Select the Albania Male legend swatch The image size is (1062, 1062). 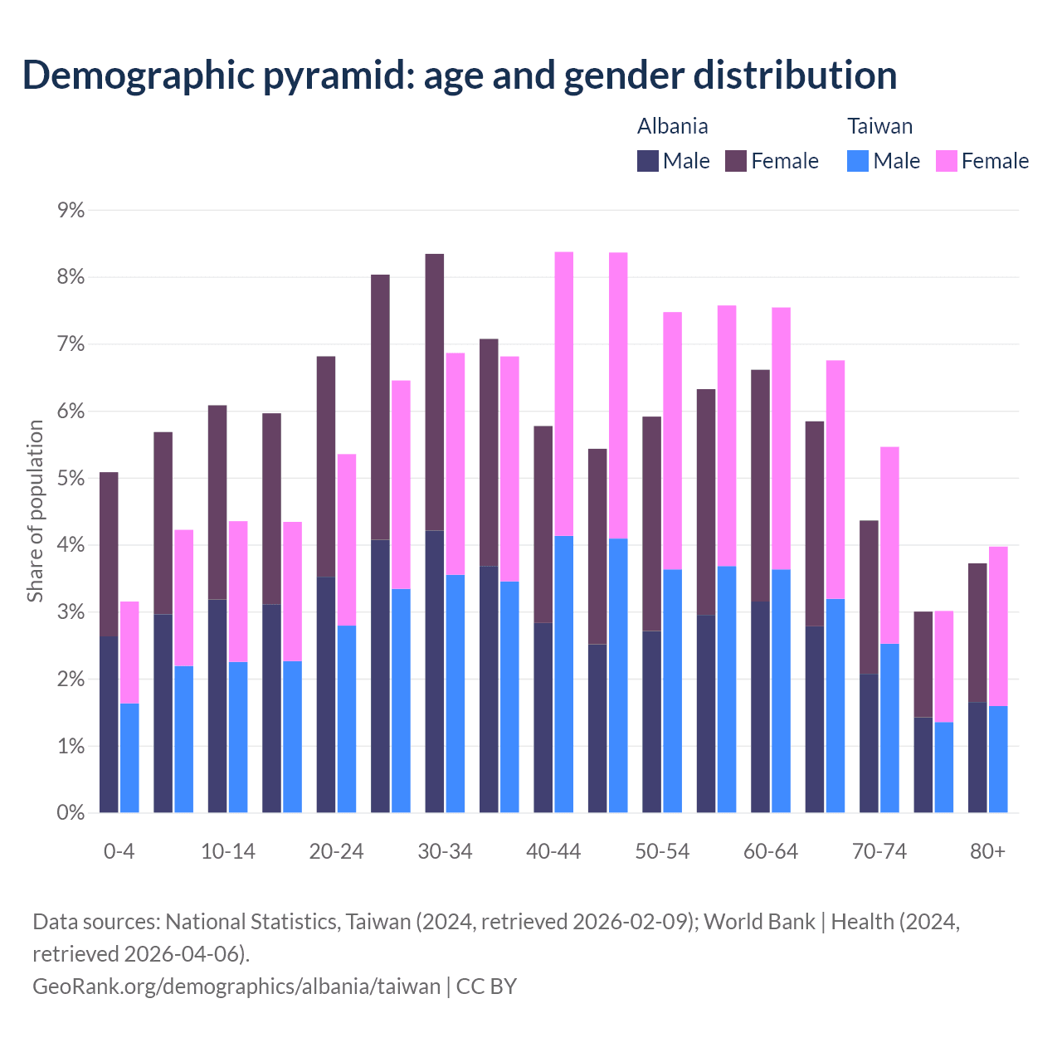click(648, 161)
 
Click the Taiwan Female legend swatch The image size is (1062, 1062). click(947, 161)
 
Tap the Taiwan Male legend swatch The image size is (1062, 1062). click(858, 161)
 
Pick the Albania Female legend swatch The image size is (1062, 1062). click(736, 161)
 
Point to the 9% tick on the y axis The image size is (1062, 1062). click(71, 210)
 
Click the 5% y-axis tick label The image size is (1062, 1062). click(71, 479)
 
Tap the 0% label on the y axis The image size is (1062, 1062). click(71, 813)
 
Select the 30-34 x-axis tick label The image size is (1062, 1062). click(445, 852)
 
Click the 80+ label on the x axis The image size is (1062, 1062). click(987, 852)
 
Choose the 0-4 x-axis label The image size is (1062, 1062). click(119, 852)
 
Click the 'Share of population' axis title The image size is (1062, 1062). click(35, 511)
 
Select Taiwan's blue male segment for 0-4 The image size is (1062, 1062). click(129, 758)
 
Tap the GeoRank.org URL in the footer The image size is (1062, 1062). click(236, 986)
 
